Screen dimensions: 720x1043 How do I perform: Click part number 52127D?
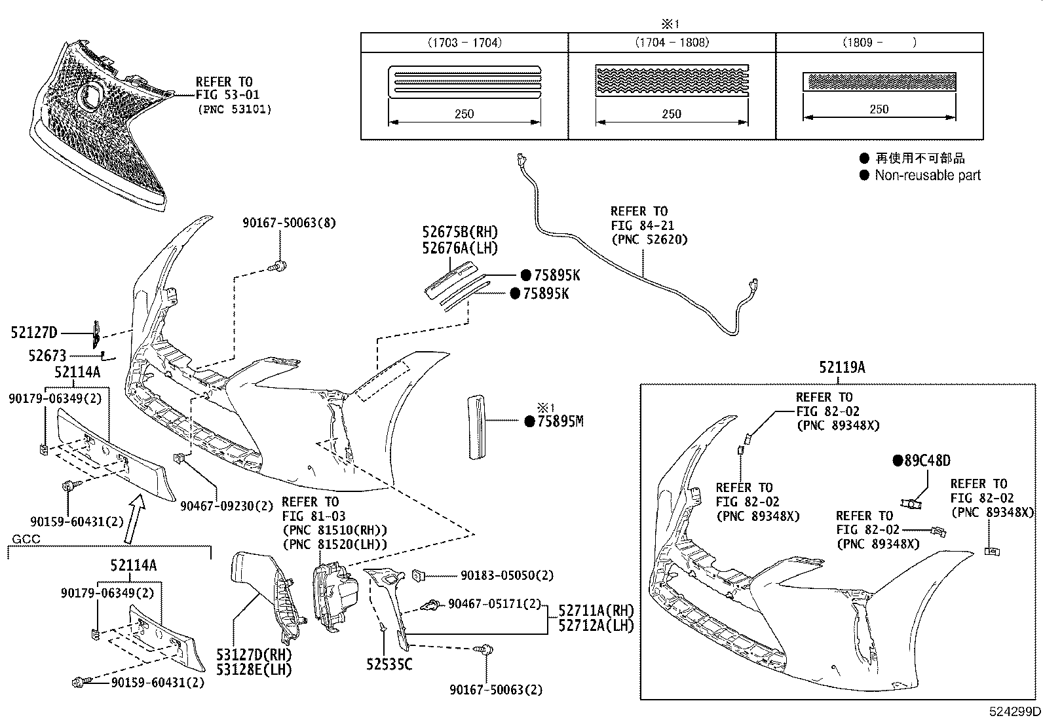click(34, 333)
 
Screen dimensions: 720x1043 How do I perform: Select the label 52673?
click(47, 356)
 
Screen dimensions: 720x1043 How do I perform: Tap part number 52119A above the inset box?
click(842, 368)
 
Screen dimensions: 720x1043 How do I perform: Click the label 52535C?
click(389, 664)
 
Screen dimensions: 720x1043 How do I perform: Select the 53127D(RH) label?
click(254, 654)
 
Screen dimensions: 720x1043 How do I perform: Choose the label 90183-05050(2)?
click(506, 575)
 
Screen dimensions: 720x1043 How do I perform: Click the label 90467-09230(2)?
click(226, 506)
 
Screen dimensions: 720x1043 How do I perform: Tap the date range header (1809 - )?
click(879, 43)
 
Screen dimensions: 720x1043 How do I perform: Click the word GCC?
click(26, 539)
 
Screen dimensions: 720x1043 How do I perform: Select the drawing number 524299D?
click(1014, 711)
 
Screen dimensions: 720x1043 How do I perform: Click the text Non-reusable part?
click(927, 176)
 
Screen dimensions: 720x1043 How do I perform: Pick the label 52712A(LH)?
click(596, 626)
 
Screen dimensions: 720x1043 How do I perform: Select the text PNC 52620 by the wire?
click(649, 239)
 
